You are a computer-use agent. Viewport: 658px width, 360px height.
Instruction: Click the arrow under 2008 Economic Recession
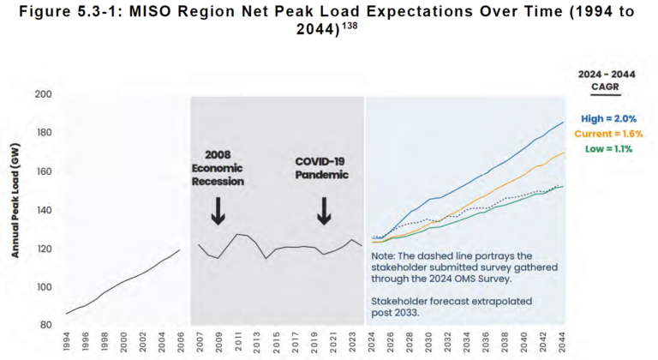coord(218,210)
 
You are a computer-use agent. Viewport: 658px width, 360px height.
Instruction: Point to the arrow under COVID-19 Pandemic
coord(324,210)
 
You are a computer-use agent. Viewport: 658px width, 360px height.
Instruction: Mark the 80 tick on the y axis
coord(45,326)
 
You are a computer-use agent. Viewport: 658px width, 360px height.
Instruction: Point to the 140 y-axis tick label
coord(43,210)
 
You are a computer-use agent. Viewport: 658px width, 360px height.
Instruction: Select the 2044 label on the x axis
coord(562,344)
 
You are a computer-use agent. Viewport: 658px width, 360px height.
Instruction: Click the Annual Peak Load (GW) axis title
coord(15,210)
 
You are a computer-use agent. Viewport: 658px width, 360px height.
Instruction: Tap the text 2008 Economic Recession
coord(218,168)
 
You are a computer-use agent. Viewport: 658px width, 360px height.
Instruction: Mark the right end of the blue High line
coord(562,122)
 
